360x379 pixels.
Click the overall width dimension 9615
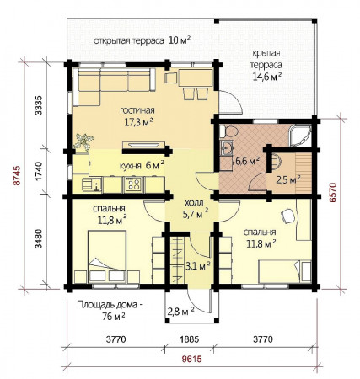tap(192, 359)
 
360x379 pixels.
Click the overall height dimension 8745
tap(17, 175)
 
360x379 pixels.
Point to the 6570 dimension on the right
tap(333, 192)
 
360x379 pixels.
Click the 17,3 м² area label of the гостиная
tap(138, 122)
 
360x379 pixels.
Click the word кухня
tap(130, 166)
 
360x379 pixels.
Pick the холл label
tap(194, 203)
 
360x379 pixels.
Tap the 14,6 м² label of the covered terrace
tap(267, 77)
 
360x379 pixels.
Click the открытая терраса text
tap(128, 40)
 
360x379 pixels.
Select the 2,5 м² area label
tap(288, 179)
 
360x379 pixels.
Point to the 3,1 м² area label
tap(198, 265)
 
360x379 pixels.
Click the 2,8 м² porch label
tap(181, 311)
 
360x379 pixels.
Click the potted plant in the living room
tap(83, 142)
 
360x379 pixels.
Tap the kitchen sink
tap(92, 185)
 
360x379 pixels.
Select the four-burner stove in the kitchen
tap(133, 184)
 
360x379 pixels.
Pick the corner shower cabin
tap(300, 136)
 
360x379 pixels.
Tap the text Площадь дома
tap(107, 305)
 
